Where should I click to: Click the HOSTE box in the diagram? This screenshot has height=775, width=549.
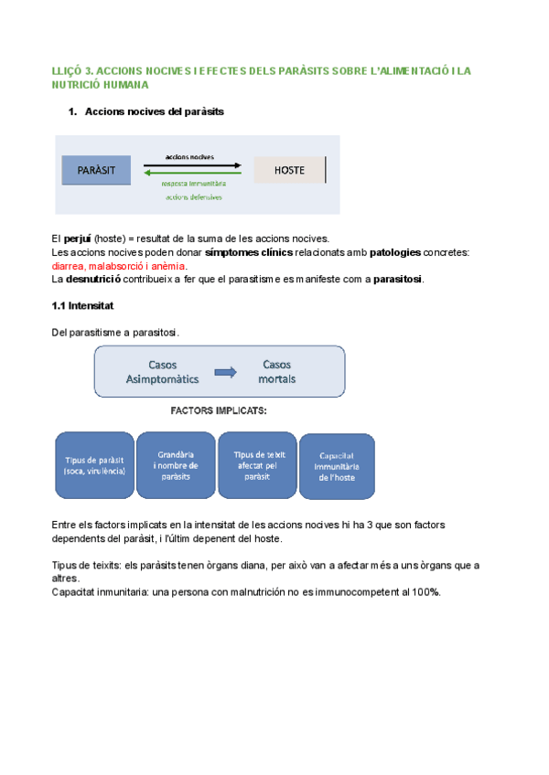click(x=289, y=170)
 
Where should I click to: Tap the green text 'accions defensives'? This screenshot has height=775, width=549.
click(x=193, y=196)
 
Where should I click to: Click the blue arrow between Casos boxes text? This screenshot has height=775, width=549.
click(x=224, y=372)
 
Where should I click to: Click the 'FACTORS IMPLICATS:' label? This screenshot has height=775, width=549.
click(x=220, y=411)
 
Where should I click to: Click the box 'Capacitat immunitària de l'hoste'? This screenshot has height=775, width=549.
click(x=337, y=466)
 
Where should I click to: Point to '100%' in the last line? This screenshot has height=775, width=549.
click(x=425, y=592)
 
